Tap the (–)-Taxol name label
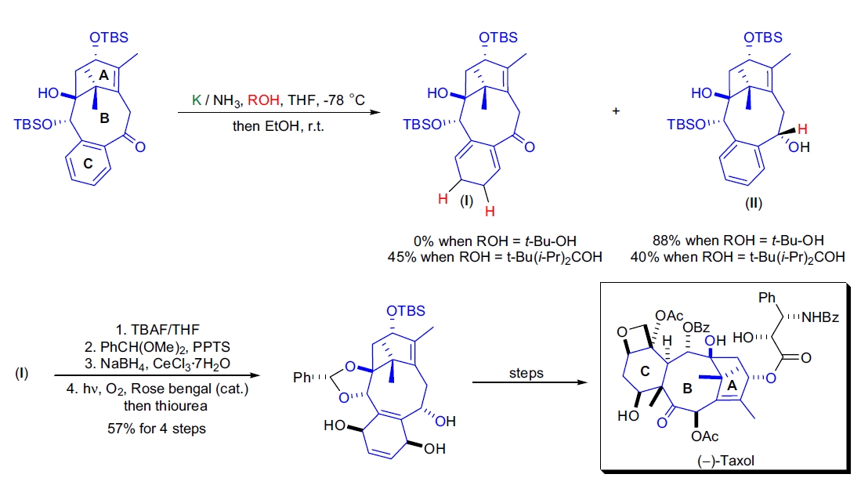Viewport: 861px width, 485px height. [725, 461]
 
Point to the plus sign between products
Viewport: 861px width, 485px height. [616, 111]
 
